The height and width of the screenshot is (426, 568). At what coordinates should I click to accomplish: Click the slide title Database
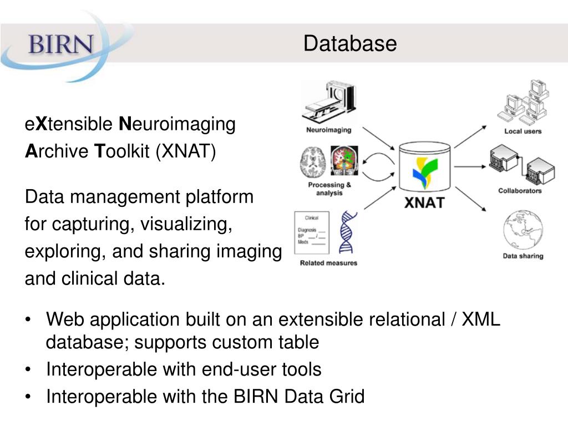point(350,43)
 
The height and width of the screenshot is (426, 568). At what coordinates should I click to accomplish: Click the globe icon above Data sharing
point(523,231)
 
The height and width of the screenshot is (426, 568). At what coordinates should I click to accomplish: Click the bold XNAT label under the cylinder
point(424,202)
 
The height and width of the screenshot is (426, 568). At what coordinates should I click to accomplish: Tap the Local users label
point(523,131)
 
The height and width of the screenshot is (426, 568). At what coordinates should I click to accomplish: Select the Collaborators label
point(520,191)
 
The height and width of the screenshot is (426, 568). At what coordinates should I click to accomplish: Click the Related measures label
point(328,263)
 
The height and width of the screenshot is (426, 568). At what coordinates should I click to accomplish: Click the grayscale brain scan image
point(312,161)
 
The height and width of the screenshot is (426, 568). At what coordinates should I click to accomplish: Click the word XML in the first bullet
point(481,319)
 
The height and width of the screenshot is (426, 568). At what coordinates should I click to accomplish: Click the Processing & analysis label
point(329,189)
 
